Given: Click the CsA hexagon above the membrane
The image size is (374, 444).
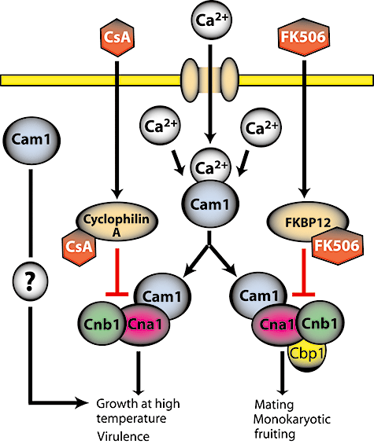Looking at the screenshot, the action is click(117, 38).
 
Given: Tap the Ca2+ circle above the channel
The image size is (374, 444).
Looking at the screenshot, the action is click(210, 20).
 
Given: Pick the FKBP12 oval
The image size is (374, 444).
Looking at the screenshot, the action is click(308, 222).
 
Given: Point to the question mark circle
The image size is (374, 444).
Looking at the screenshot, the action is click(31, 281).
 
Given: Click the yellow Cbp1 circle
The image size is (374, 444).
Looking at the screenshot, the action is click(306, 355).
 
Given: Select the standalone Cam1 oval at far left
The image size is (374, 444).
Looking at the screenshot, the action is click(31, 141).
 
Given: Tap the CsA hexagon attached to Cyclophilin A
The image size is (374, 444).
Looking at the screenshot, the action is click(80, 247).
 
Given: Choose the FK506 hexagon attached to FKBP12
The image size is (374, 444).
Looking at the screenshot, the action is click(337, 245).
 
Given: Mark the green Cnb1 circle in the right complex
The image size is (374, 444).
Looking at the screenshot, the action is click(320, 323).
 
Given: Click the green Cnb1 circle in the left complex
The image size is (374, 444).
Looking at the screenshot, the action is click(102, 325).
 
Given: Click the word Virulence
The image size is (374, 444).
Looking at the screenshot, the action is click(123, 436).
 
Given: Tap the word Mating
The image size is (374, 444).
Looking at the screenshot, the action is click(274, 405).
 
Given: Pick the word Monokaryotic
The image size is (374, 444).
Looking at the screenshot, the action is click(292, 420).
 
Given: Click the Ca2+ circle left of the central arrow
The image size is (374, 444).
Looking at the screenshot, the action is click(160, 126).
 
